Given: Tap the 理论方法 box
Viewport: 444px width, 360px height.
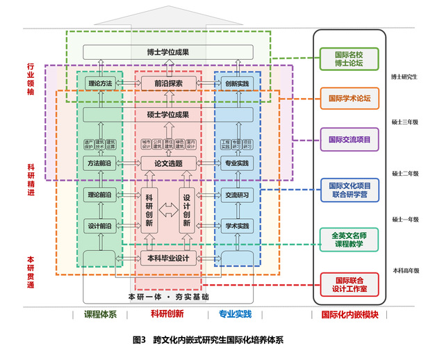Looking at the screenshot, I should (x=100, y=83).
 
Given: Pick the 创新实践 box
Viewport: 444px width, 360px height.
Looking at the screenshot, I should (x=237, y=83).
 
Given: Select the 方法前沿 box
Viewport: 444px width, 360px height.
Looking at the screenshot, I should (x=100, y=163).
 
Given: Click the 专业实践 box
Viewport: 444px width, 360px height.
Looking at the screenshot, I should (x=237, y=163).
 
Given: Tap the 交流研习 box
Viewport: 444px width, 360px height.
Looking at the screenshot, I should (x=237, y=195).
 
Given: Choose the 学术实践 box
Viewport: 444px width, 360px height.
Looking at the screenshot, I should (x=237, y=227).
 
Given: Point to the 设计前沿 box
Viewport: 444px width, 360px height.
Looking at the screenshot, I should (x=100, y=227).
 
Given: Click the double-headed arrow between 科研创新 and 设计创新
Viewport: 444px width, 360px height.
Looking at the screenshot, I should (x=167, y=208).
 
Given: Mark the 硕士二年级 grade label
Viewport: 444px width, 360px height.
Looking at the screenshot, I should (x=405, y=172).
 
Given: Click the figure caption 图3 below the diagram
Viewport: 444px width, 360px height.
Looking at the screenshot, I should (x=138, y=341).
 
